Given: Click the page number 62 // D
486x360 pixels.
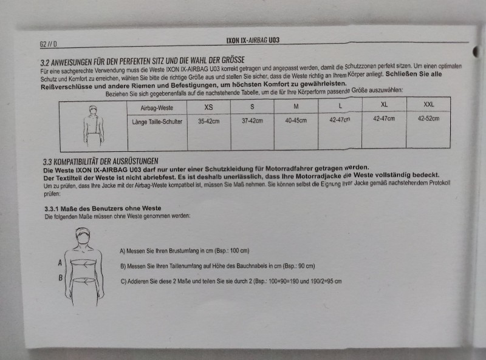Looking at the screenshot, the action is coord(48,44).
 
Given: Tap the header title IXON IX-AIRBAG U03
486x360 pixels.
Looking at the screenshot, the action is coord(253,40).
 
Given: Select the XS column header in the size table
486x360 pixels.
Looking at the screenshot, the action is coord(208,107).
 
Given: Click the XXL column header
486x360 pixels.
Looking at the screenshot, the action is coord(429,104).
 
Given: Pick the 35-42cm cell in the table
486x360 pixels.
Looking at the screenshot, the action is coord(208,121).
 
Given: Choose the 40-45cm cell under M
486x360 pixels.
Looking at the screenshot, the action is coord(296,120).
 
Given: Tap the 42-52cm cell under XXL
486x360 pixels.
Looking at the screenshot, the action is coord(428,118).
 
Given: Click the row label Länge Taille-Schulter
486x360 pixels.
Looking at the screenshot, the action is coord(157,122).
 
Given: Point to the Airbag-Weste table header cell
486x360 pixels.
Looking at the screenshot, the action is coord(157,108).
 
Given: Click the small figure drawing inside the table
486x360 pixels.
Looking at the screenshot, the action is coord(94,126).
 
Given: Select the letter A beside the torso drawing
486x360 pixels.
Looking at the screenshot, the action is coord(60,263).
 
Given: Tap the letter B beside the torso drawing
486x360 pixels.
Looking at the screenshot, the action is coord(61,278).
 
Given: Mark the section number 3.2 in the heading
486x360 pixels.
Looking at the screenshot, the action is coord(45,63).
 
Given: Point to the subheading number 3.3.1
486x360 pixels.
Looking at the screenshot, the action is coord(52,209).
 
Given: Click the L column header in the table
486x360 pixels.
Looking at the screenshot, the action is coord(340,106).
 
